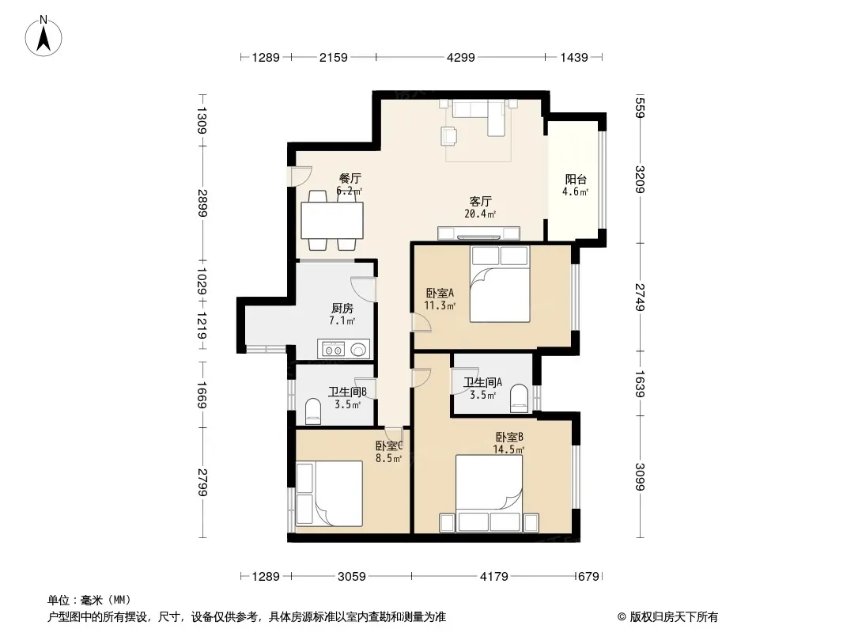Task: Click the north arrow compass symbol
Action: coord(43,36)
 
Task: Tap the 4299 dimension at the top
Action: coord(461,57)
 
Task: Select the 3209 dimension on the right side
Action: coord(640,179)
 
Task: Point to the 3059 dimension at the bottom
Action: coord(352,577)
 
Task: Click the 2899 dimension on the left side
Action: coord(202,203)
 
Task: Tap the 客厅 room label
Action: coord(480,201)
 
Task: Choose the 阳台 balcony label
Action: coord(575,179)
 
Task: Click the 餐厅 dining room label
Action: coord(350,178)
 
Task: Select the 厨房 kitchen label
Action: coord(342,308)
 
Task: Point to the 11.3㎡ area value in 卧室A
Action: coord(440,306)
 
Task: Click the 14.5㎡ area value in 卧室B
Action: coord(508,449)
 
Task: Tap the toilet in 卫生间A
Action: coord(520,399)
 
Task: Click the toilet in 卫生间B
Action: coord(313,411)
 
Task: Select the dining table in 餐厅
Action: coord(331,221)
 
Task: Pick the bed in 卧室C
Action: coord(329,493)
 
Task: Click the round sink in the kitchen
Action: coord(358,350)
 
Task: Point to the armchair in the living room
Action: coord(448,135)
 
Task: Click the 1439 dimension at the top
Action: coord(573,57)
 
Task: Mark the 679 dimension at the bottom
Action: coord(588,577)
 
